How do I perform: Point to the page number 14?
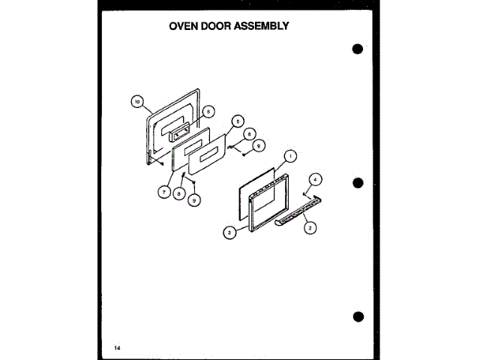point(118,347)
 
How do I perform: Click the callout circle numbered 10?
point(136,101)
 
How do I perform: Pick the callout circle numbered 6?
point(209,111)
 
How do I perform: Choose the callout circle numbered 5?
point(238,120)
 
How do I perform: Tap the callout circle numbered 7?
point(163,192)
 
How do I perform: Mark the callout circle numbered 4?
point(316,179)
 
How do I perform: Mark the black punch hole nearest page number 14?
point(358,316)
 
